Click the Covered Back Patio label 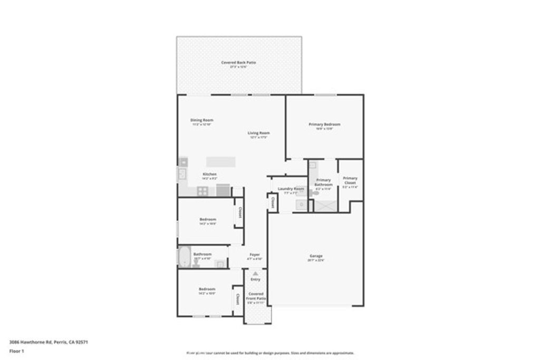[239, 63]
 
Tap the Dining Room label [201, 121]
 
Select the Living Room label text [259, 133]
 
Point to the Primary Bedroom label [324, 125]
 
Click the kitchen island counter [220, 161]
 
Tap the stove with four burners [204, 191]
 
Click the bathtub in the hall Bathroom [185, 257]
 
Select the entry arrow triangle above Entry [256, 274]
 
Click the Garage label [316, 257]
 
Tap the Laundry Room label [291, 189]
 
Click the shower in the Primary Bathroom [325, 205]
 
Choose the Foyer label [255, 255]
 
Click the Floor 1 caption [18, 351]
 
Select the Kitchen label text [210, 174]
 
